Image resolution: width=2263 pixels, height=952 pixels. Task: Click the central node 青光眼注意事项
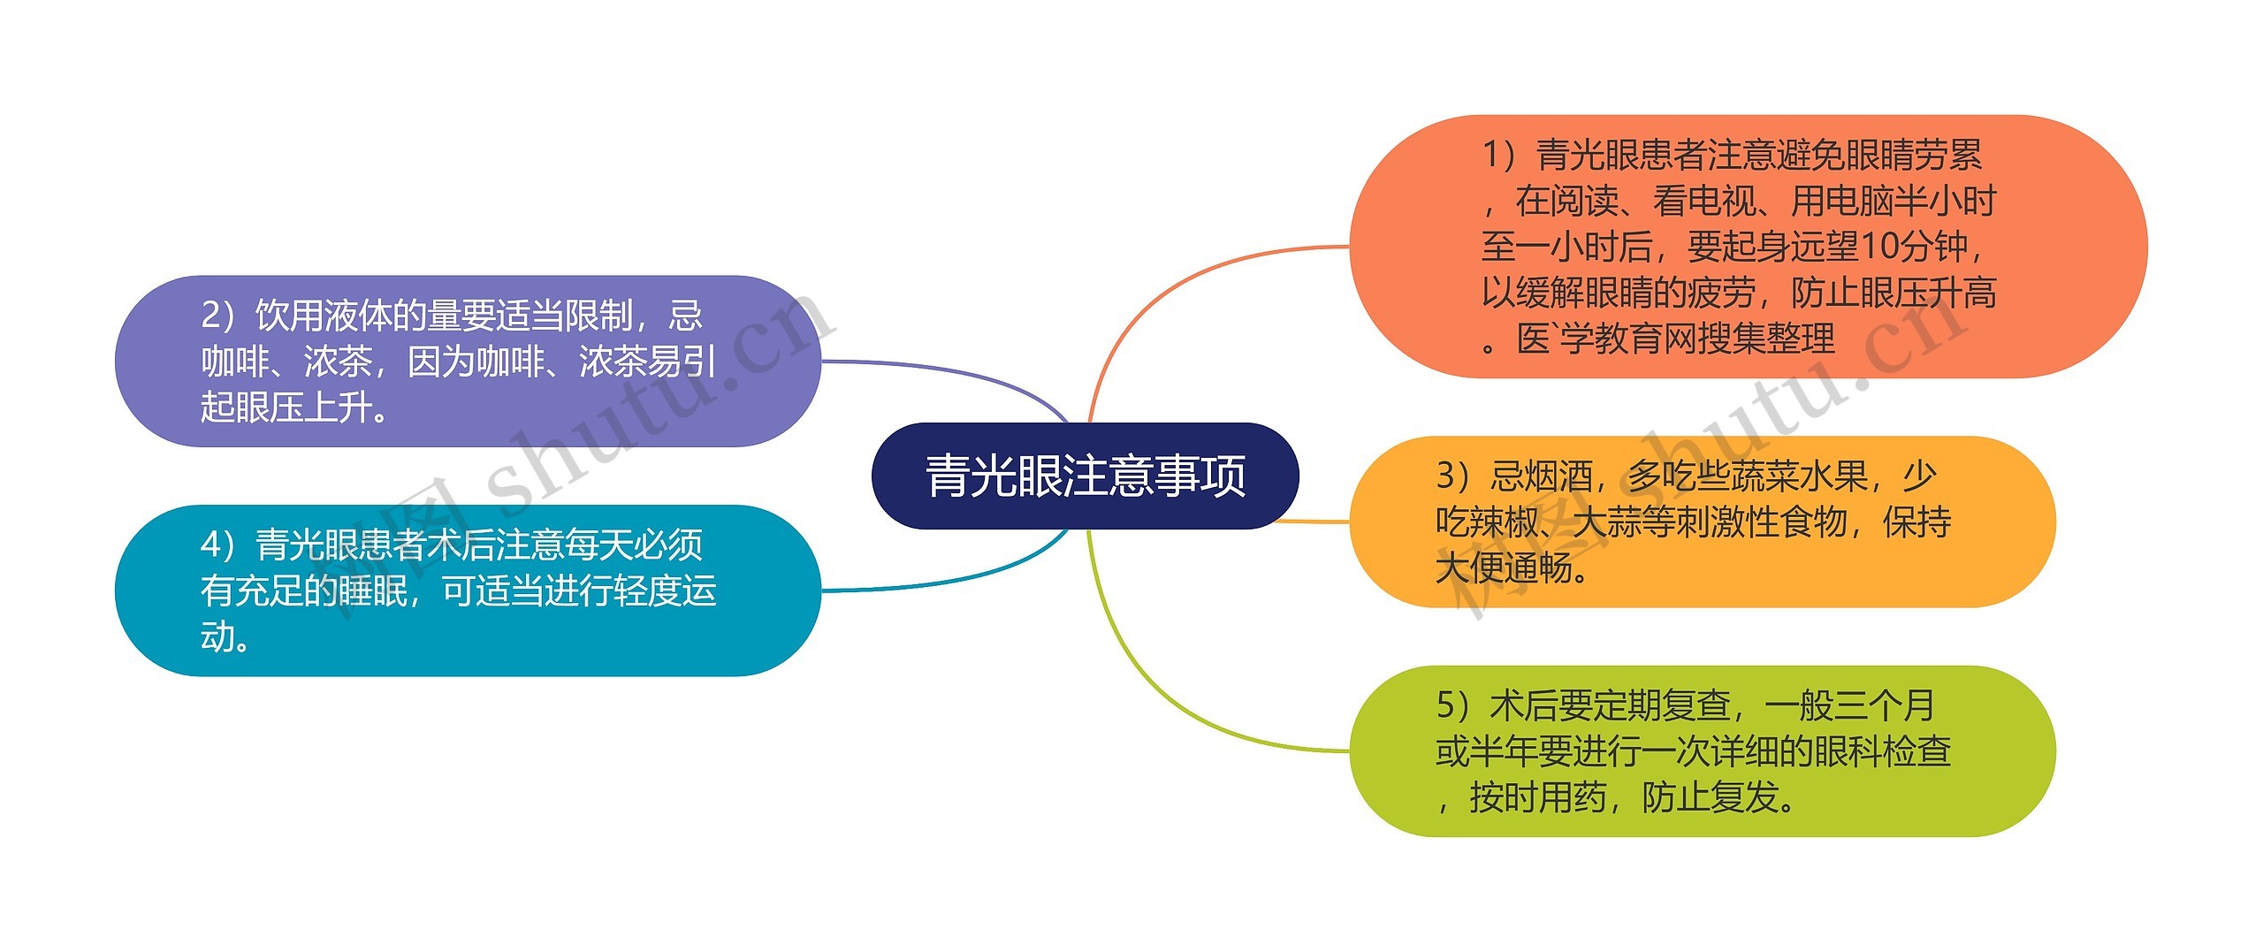1085,476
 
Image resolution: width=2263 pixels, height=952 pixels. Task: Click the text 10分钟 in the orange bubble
1913,247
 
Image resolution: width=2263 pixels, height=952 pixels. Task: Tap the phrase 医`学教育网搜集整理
1676,339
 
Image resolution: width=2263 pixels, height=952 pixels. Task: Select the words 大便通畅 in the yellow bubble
1503,568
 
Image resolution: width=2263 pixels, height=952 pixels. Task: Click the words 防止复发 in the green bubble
1710,797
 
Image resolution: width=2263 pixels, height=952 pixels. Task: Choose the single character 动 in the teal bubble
217,636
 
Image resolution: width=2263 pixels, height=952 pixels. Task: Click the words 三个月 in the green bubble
1884,705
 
